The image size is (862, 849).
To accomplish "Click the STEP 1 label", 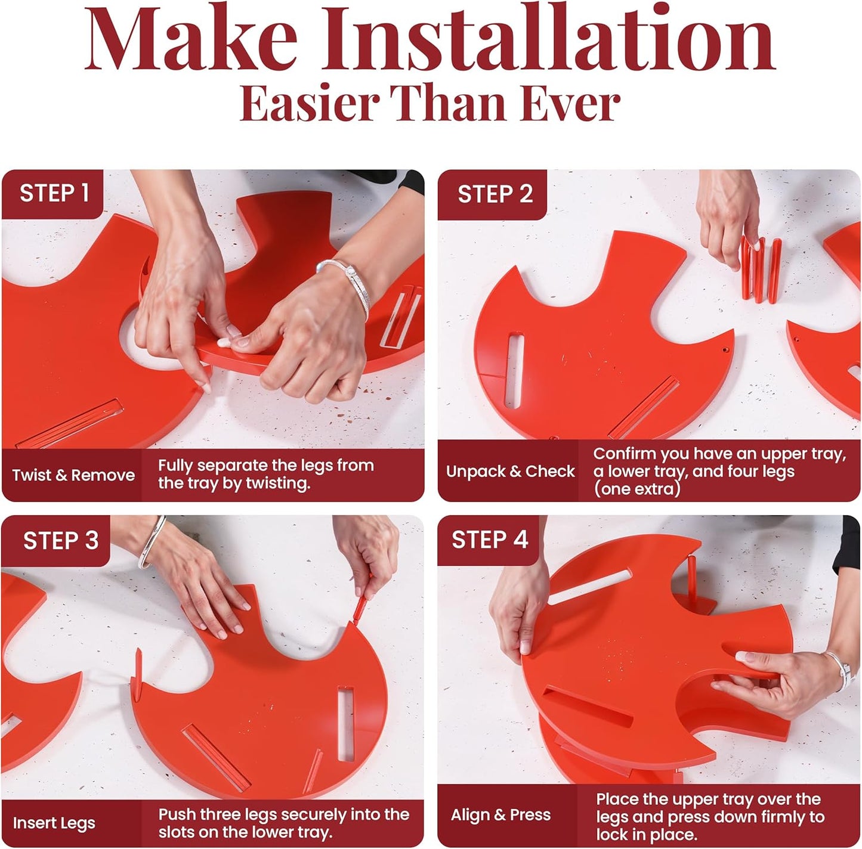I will (x=54, y=193).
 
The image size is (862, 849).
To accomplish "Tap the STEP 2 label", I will (x=495, y=194).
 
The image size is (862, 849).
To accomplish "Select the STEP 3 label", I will (x=60, y=540).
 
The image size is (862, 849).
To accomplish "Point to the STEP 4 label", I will (x=490, y=540).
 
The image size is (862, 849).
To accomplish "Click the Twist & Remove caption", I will (x=73, y=475).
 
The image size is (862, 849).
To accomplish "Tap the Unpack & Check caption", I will (x=510, y=471).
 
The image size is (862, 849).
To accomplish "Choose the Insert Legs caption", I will (x=54, y=823).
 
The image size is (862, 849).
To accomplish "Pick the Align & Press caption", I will (x=500, y=815).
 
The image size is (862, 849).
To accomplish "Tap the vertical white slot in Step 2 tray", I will (x=514, y=371).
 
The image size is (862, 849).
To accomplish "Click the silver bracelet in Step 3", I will (x=152, y=543).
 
